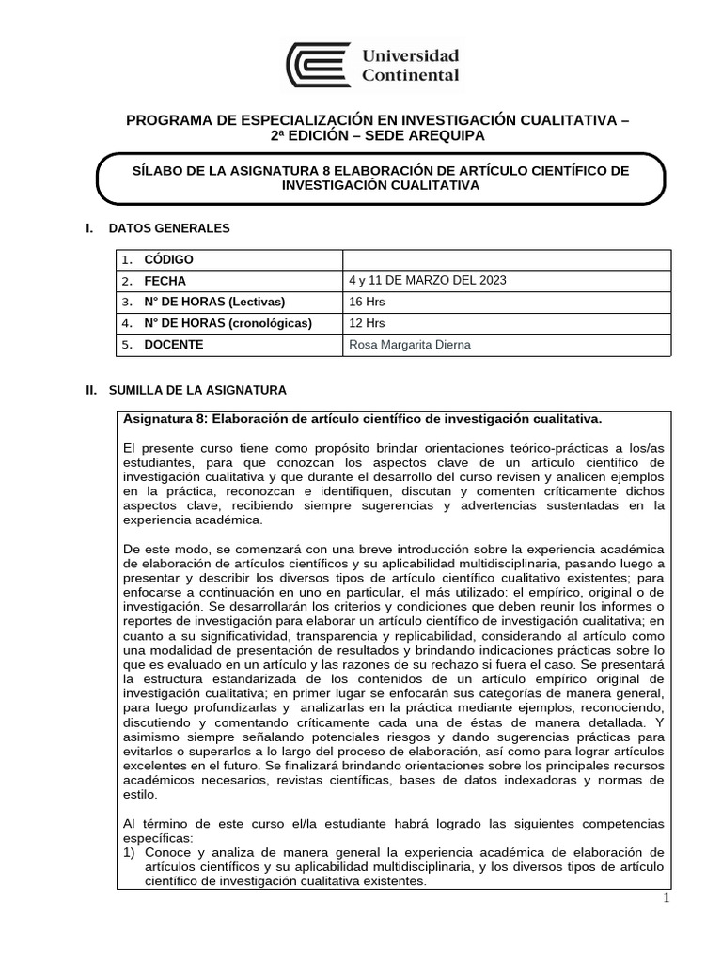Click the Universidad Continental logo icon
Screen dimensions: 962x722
coord(318,65)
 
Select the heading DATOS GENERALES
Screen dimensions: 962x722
coord(169,227)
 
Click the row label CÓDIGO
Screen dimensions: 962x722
coord(168,260)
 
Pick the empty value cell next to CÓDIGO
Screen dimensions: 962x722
coord(507,260)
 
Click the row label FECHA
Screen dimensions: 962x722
coord(165,281)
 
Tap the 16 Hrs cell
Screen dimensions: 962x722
coord(367,302)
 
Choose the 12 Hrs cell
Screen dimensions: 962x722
coord(367,323)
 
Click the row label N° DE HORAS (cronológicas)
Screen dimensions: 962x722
coord(228,323)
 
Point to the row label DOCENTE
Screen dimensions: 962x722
coord(173,345)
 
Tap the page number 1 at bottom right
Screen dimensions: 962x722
coord(666,898)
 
